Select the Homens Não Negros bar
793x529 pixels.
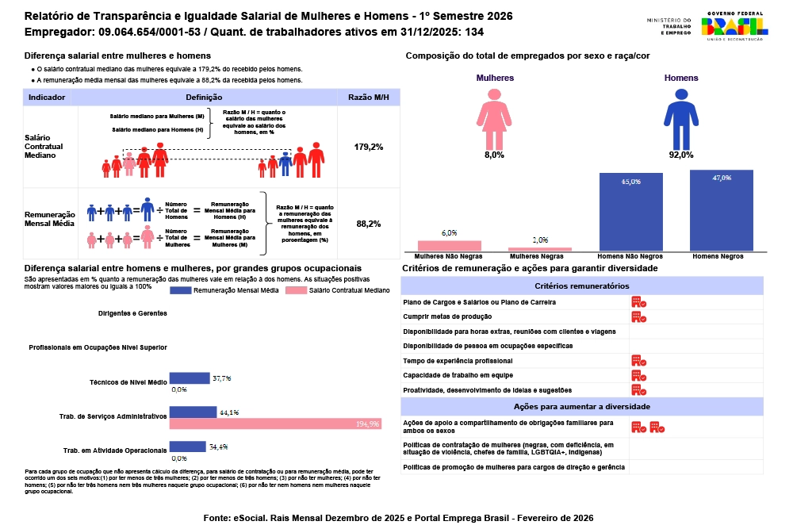coord(631,212)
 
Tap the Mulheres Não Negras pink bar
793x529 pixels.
coord(449,246)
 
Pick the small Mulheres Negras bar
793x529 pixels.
coord(540,250)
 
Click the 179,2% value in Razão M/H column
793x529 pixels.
coord(369,147)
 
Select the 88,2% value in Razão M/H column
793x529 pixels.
coord(369,224)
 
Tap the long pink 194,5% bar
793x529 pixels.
coord(275,424)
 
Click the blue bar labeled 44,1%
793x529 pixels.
coord(193,412)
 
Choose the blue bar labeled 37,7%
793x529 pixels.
coord(190,378)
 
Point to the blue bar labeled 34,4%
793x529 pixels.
coord(189,447)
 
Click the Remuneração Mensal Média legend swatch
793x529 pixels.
coord(191,290)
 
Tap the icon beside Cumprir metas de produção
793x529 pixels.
coord(638,316)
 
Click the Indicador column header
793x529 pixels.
coord(47,97)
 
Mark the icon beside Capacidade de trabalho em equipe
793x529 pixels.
coord(638,375)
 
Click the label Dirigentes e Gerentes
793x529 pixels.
coord(132,313)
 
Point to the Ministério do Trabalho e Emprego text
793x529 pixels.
coord(669,26)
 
